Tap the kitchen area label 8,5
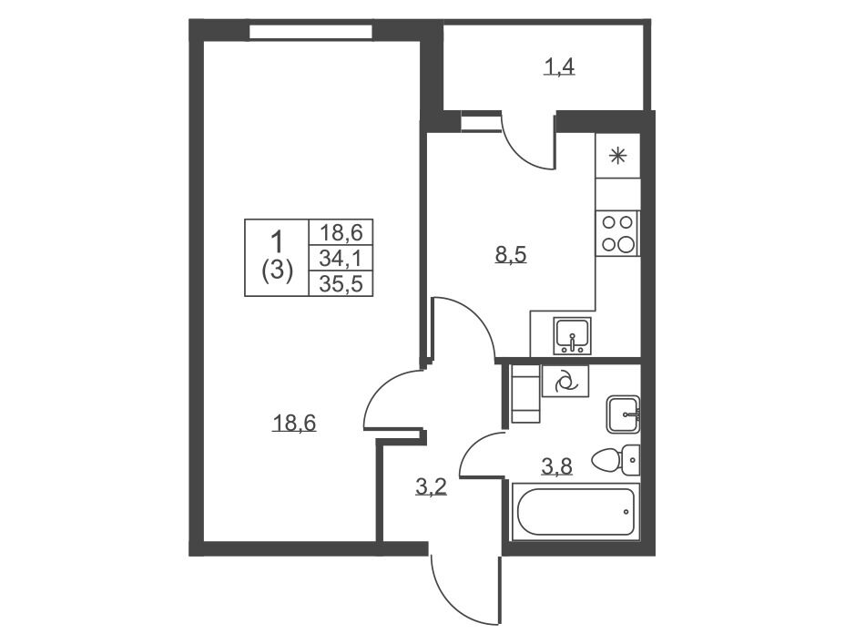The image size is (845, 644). pyautogui.click(x=510, y=254)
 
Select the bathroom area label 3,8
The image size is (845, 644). pyautogui.click(x=556, y=466)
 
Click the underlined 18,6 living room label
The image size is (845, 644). pyautogui.click(x=294, y=424)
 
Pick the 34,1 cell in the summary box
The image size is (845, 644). pyautogui.click(x=340, y=259)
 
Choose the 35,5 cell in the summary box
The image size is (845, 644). pyautogui.click(x=340, y=284)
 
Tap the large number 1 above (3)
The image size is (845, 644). pyautogui.click(x=277, y=240)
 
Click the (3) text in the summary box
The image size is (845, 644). pyautogui.click(x=277, y=270)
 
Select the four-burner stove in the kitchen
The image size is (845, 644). pyautogui.click(x=617, y=233)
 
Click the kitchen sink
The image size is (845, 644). pyautogui.click(x=573, y=335)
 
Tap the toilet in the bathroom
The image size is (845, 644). pyautogui.click(x=616, y=460)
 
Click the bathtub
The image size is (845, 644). pyautogui.click(x=575, y=511)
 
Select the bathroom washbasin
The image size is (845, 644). pyautogui.click(x=623, y=414)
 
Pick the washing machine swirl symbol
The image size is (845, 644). pyautogui.click(x=565, y=382)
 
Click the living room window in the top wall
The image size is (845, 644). pyautogui.click(x=311, y=32)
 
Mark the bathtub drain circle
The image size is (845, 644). pyautogui.click(x=626, y=511)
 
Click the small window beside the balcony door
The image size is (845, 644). pyautogui.click(x=481, y=121)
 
